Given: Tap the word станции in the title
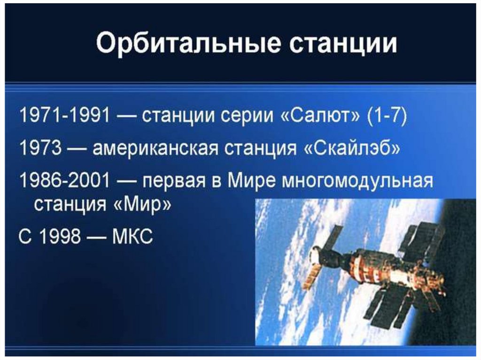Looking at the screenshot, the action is [x=343, y=44].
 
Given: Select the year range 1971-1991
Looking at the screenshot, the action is [x=64, y=115].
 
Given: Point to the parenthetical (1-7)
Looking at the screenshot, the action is [x=388, y=116].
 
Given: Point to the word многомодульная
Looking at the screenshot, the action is [x=357, y=181].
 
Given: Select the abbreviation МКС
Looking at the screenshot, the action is [x=132, y=237].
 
